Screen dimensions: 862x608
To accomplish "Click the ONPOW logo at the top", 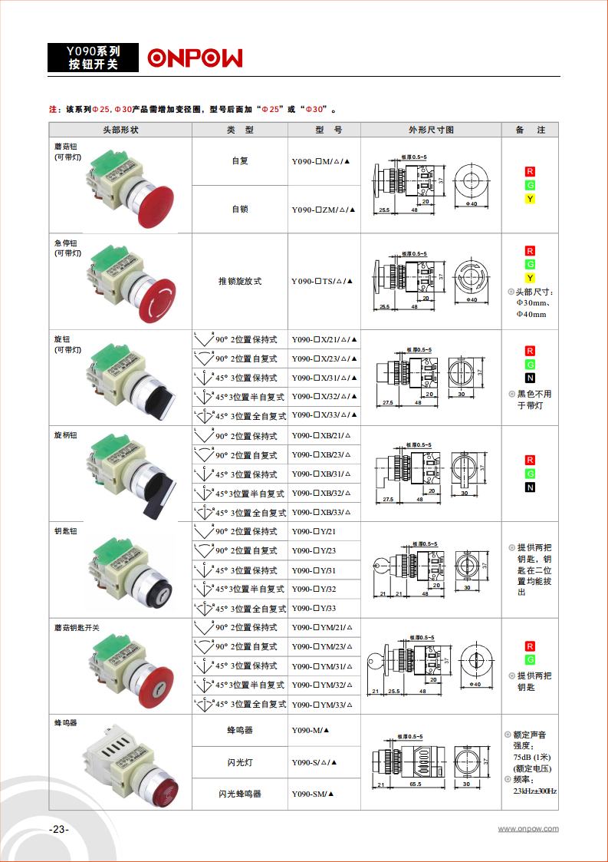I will click(195, 58).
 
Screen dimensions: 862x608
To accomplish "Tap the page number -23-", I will click(58, 829).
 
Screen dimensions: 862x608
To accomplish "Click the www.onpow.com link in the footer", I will click(528, 829).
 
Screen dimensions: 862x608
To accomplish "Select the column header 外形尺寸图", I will click(431, 130).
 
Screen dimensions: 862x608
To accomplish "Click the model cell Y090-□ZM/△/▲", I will click(324, 210).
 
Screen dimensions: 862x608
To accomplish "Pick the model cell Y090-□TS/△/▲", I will click(324, 281).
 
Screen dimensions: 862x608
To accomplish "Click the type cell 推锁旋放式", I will click(240, 281).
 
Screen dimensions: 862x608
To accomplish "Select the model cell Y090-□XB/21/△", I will click(321, 436).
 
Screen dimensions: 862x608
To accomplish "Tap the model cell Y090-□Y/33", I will click(314, 609).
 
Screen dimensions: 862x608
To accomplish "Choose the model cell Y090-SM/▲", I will click(314, 794).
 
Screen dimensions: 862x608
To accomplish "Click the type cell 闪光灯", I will click(240, 762).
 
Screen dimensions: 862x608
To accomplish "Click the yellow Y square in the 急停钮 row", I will click(530, 277).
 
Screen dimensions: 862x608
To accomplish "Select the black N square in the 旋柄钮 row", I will click(530, 487).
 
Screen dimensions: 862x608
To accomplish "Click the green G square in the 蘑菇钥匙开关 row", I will click(530, 659).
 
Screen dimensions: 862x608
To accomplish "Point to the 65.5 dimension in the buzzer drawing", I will click(416, 785).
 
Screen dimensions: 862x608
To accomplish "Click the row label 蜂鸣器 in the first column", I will click(66, 723).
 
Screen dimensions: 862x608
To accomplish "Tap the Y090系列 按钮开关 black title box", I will click(94, 58).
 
